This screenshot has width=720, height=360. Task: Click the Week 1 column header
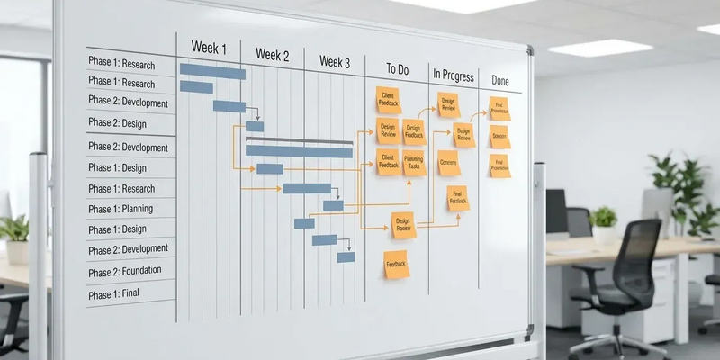209,48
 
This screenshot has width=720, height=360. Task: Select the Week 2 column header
273,55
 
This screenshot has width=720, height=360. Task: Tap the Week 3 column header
335,62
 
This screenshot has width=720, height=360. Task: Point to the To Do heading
398,69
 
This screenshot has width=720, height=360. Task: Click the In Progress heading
453,75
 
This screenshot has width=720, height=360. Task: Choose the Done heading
500,81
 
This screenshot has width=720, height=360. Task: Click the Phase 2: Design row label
117,122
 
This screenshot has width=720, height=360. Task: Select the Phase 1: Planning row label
120,209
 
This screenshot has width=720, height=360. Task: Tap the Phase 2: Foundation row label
124,271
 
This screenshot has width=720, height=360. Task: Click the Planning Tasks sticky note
414,163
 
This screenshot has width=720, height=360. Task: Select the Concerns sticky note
448,163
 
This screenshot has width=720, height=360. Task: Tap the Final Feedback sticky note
458,198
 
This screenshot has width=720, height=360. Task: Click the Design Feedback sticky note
414,132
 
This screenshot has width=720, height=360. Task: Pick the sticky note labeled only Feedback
396,265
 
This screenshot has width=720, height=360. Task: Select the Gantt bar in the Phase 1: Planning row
333,205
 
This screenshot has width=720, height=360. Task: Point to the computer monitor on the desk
556,212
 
